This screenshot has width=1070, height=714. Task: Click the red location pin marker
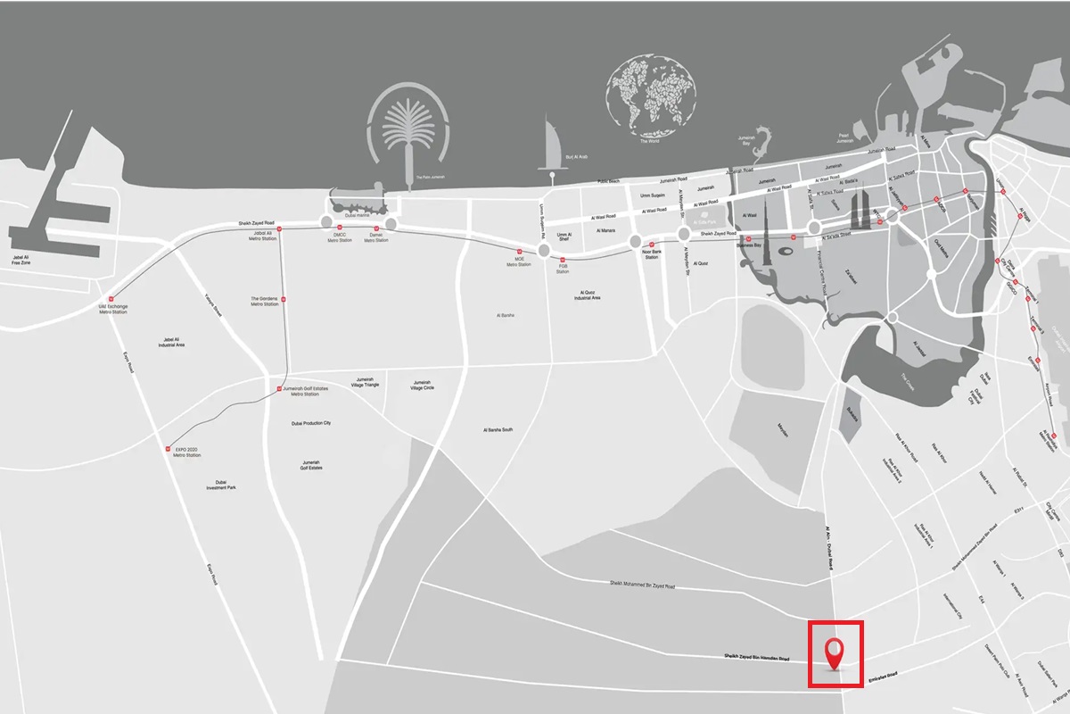pos(835,652)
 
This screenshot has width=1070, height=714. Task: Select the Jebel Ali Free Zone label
pos(21,260)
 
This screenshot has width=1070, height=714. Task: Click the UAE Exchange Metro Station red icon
pos(111,299)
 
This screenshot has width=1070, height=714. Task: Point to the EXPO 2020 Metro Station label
pos(187,452)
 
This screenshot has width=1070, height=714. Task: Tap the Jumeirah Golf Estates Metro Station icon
pos(277,389)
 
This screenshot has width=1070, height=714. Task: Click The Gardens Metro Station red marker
pos(283,299)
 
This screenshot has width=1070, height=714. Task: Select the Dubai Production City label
pos(311,423)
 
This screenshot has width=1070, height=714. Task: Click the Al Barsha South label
pos(498,430)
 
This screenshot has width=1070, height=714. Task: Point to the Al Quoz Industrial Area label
pos(588,295)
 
